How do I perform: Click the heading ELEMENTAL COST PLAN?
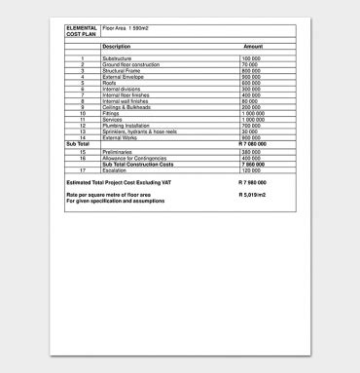[82, 31]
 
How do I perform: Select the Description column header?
[116, 47]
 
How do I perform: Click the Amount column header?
[253, 47]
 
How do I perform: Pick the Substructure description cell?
[117, 58]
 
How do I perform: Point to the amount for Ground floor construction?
[250, 64]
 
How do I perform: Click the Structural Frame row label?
[122, 70]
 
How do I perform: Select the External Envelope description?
[124, 76]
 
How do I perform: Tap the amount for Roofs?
[251, 82]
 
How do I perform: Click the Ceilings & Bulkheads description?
[128, 106]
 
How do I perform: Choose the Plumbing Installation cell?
[126, 126]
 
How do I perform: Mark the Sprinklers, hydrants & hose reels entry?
[142, 131]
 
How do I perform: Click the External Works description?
[120, 137]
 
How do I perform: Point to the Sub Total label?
[77, 143]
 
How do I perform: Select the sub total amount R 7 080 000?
[252, 143]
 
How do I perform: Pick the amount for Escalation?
[251, 169]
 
